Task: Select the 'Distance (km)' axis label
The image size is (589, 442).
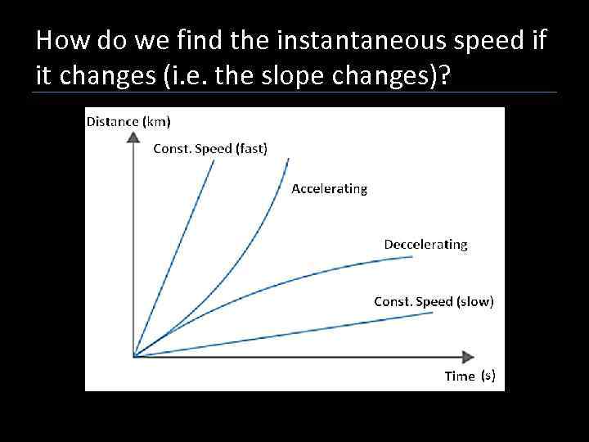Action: point(128,122)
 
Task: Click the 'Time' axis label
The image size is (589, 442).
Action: point(460,377)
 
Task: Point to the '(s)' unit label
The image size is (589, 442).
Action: point(488,376)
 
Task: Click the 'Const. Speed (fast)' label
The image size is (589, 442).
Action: point(210,148)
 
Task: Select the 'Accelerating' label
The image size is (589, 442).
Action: point(329,188)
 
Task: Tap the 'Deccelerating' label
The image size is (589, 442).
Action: point(425,244)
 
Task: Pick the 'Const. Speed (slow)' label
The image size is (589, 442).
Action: point(434,301)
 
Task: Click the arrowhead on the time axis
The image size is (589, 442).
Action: point(468,356)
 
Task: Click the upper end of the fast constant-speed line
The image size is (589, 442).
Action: point(214,160)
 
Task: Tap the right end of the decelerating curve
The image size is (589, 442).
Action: point(413,257)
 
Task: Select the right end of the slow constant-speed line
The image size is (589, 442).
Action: point(432,313)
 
